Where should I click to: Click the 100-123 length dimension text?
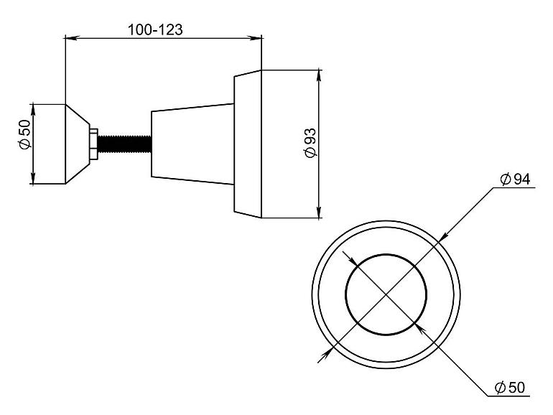coord(155,29)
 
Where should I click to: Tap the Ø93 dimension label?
coord(310,143)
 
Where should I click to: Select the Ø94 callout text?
coord(515,179)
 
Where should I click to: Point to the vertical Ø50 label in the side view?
coord(25,134)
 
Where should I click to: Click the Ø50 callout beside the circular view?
coord(510,388)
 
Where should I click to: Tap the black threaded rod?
coord(124,144)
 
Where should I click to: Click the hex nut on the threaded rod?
coord(94,144)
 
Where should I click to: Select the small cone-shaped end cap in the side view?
coord(78,144)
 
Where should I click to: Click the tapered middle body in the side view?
coord(192,144)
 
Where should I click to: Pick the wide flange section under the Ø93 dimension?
coord(248,144)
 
